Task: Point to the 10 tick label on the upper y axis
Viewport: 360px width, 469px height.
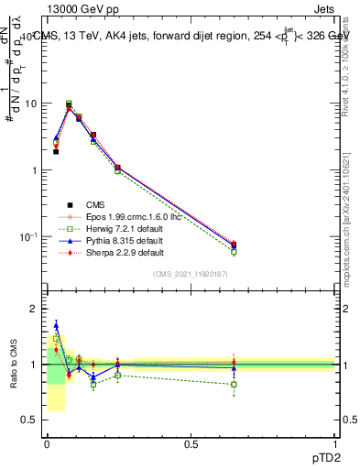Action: tap(31, 104)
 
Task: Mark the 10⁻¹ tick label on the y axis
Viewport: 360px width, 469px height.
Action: tap(29, 236)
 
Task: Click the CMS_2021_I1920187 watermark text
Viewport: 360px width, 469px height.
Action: tap(190, 274)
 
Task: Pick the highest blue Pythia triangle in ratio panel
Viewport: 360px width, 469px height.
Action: tap(56, 325)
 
